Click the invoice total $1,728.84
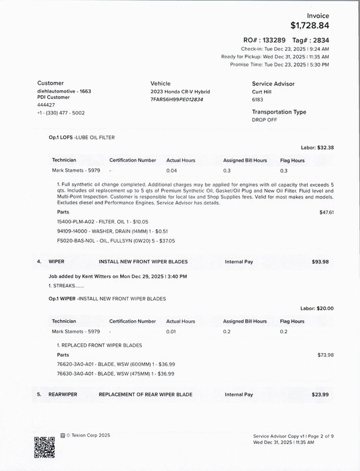pos(310,25)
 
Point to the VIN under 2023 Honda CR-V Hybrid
pos(177,100)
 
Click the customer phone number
pos(61,112)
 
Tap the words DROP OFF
pos(265,120)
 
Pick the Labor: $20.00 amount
pos(317,309)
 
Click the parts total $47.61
pos(326,212)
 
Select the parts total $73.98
pos(326,355)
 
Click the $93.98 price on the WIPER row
pos(321,261)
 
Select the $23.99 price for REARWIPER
pos(321,394)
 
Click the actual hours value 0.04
pos(171,171)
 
